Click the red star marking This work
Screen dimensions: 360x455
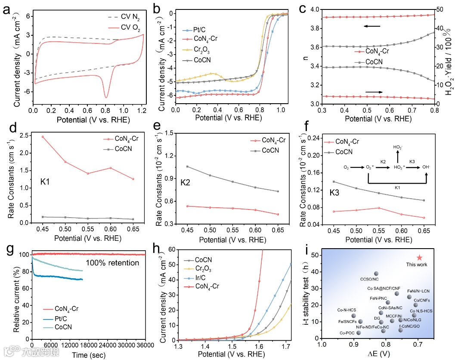[x=420, y=257]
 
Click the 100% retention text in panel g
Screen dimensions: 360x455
[x=113, y=263]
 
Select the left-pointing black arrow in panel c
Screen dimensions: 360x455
[x=372, y=27]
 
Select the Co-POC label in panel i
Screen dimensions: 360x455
[x=347, y=332]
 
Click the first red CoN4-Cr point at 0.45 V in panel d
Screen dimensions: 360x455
[x=42, y=137]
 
